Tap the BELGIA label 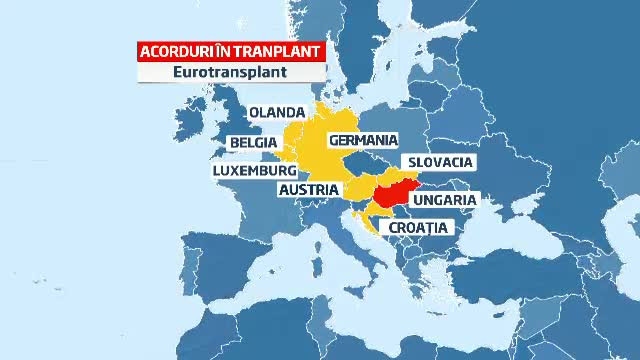[253, 142]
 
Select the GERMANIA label [363, 140]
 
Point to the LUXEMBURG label [255, 171]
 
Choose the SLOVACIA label [438, 162]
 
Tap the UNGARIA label [443, 200]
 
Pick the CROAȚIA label [418, 228]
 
